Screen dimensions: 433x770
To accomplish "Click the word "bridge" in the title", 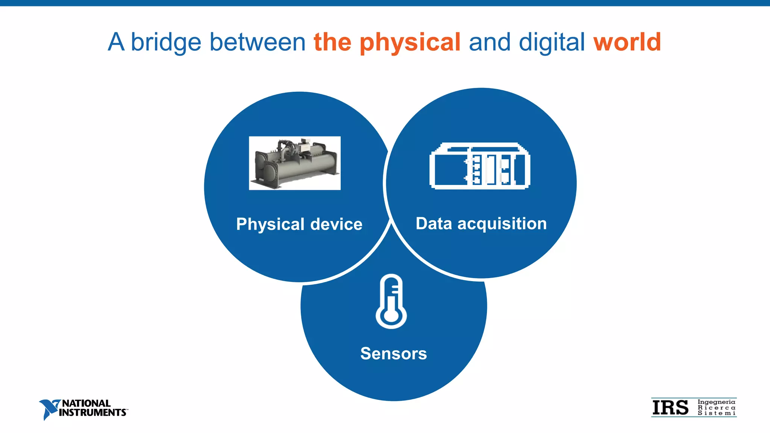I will point(166,42).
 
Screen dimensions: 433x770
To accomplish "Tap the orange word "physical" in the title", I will point(410,42).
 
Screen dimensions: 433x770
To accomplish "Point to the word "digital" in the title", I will point(552,42).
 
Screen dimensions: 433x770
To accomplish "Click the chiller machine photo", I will point(295,163).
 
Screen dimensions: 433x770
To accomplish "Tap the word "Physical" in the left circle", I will point(270,224).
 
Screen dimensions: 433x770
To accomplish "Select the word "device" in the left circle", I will point(336,224).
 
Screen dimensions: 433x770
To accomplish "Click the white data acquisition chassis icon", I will point(480,166).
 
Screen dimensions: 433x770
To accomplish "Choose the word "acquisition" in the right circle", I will point(502,224).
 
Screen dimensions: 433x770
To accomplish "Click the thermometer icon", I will point(391,301).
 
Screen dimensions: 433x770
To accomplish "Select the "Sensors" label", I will point(394,353).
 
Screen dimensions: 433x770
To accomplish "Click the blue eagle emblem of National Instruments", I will point(48,409).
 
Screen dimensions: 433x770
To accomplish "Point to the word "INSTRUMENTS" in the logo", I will point(92,413).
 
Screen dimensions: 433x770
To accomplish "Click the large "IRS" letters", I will point(670,408).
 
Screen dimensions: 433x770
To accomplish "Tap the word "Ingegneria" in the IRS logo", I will point(716,402).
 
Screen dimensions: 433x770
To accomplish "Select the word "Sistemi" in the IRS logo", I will point(716,413).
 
